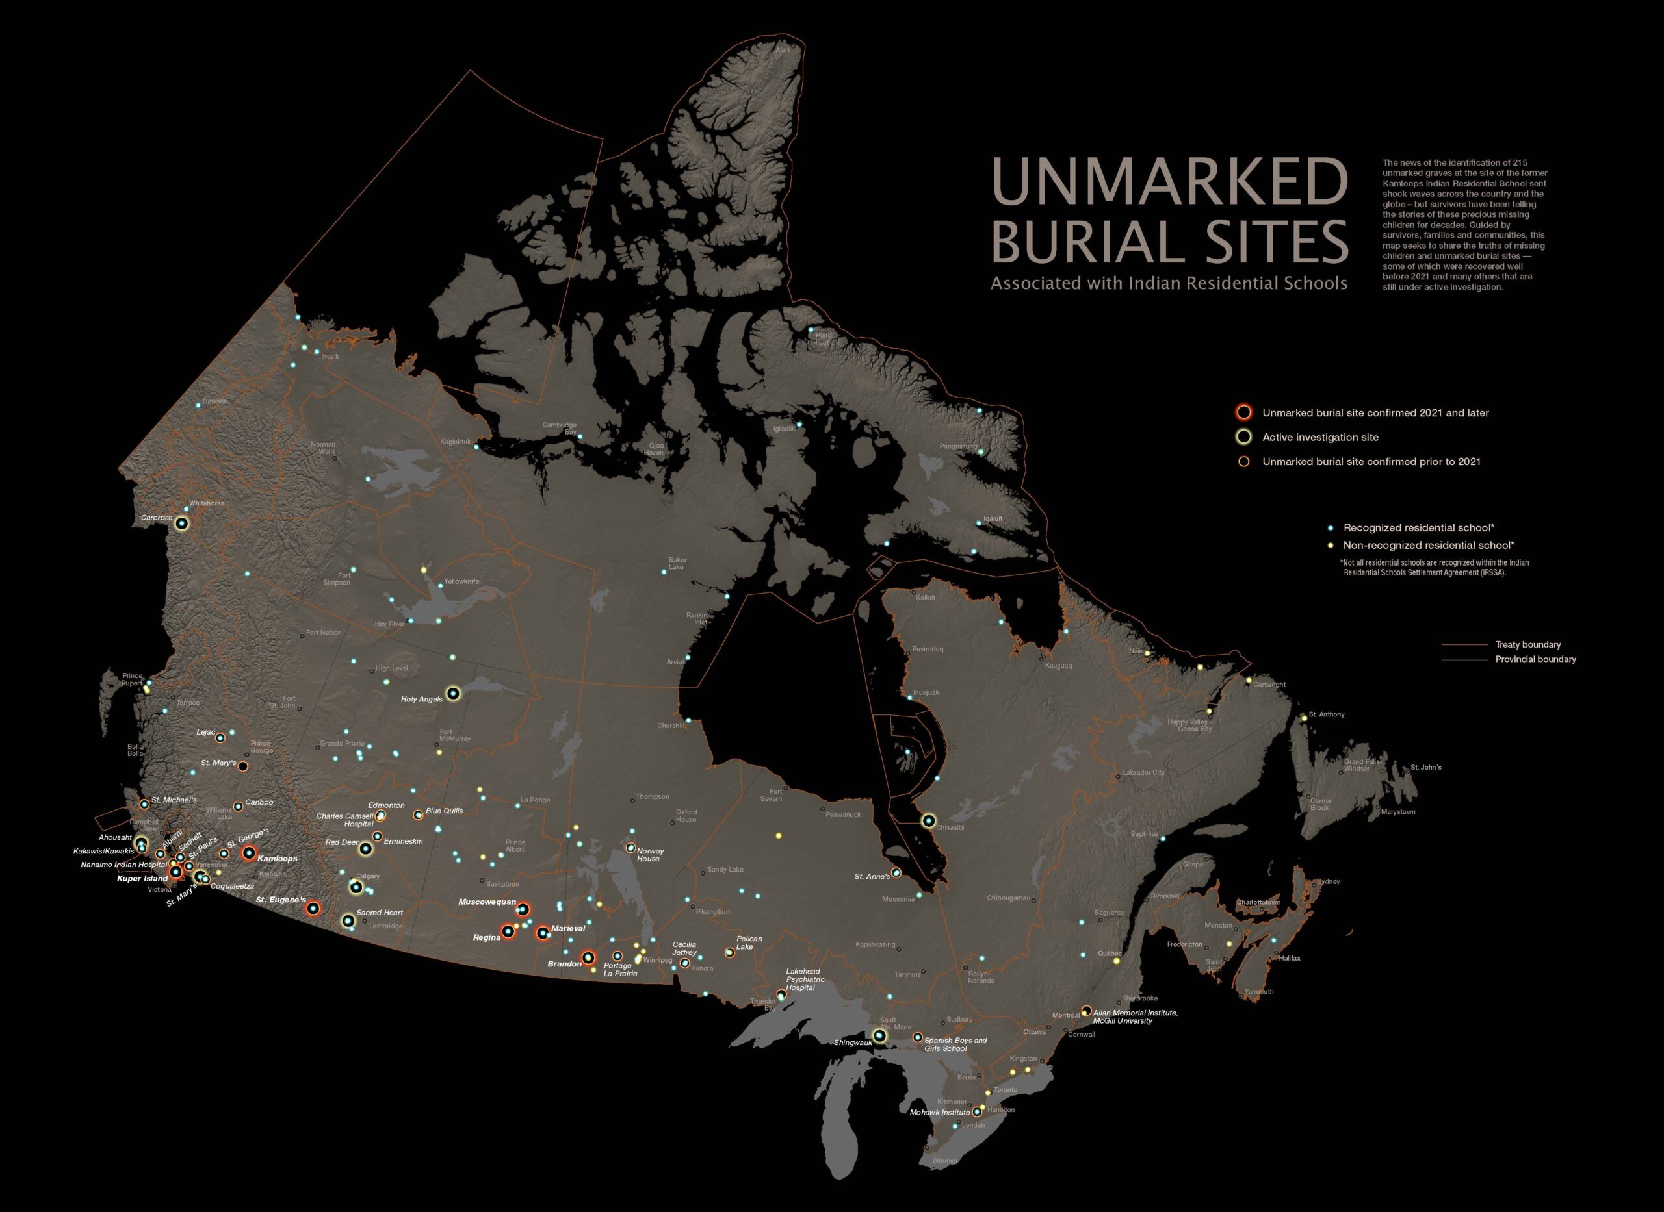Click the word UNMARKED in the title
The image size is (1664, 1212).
[x=1170, y=181]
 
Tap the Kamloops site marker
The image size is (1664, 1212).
[x=249, y=853]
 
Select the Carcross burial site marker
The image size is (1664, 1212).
[x=182, y=523]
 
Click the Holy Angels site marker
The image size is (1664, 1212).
[x=453, y=692]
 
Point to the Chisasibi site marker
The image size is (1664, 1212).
[x=929, y=821]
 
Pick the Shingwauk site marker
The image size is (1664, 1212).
[x=879, y=1036]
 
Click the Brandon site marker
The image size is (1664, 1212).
[x=588, y=957]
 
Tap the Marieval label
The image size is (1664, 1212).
[x=568, y=929]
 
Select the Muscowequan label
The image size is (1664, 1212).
[x=487, y=902]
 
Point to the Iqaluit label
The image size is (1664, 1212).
[x=993, y=518]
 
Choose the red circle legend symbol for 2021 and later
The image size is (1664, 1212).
[x=1243, y=412]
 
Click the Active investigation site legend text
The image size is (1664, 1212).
[x=1319, y=437]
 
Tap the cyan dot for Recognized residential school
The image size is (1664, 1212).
[x=1331, y=528]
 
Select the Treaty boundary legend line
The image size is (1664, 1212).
[x=1465, y=645]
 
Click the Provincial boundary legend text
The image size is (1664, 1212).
[x=1535, y=659]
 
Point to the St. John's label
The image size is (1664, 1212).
[x=1425, y=767]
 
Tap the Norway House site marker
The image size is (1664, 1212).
[x=630, y=848]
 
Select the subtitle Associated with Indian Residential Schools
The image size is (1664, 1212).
[x=1169, y=283]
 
